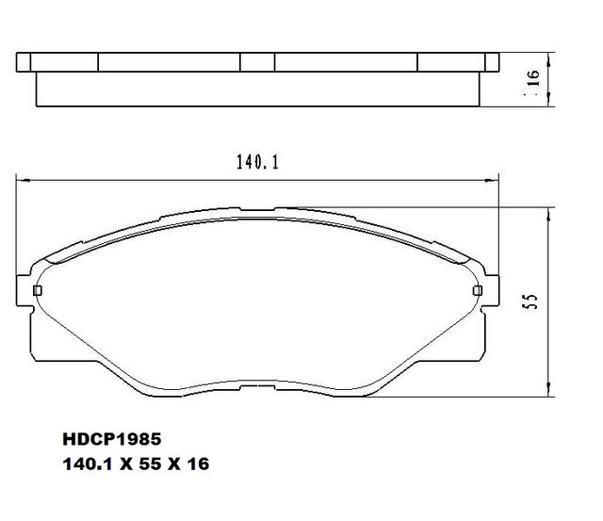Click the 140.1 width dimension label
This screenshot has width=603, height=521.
257,162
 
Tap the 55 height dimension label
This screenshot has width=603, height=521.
530,301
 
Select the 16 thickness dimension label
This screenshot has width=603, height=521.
534,78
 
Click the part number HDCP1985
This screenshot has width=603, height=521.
112,439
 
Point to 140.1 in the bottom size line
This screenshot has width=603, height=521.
88,464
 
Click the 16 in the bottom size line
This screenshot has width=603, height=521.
199,464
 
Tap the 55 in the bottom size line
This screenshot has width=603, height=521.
150,464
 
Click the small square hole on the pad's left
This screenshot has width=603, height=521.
38,291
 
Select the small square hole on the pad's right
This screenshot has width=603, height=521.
478,291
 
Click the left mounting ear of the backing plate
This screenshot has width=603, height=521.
24,291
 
